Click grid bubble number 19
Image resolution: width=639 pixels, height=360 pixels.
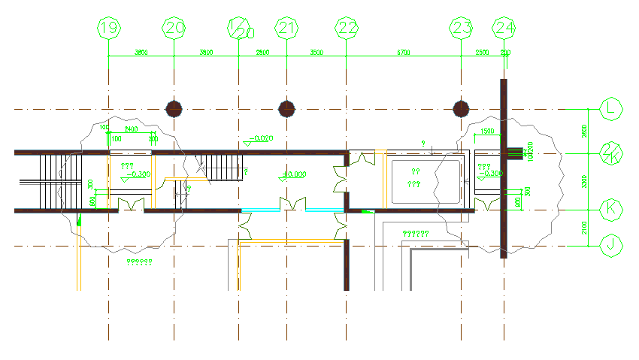tap(110, 29)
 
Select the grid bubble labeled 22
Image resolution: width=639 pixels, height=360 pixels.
tap(347, 29)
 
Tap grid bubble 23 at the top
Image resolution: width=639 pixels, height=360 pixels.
tap(461, 29)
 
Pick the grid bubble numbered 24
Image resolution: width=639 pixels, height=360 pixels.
tap(504, 29)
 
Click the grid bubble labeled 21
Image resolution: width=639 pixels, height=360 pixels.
tap(286, 29)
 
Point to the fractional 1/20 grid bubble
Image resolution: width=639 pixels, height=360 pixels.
tap(239, 29)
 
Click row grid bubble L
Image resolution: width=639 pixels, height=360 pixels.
tap(612, 109)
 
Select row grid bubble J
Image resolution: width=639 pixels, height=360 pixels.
tap(612, 245)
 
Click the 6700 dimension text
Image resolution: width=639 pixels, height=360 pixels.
tap(404, 53)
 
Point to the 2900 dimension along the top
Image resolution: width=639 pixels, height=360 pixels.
tap(262, 53)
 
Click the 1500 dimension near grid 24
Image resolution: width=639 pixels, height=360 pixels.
tap(486, 132)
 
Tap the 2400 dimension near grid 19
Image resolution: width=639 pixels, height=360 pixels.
tap(131, 129)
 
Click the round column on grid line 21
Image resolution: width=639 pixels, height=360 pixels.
tap(286, 109)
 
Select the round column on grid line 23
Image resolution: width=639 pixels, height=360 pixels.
tap(461, 109)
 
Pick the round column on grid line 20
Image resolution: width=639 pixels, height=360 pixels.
tap(174, 109)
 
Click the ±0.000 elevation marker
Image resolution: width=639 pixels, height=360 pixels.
tap(293, 174)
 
